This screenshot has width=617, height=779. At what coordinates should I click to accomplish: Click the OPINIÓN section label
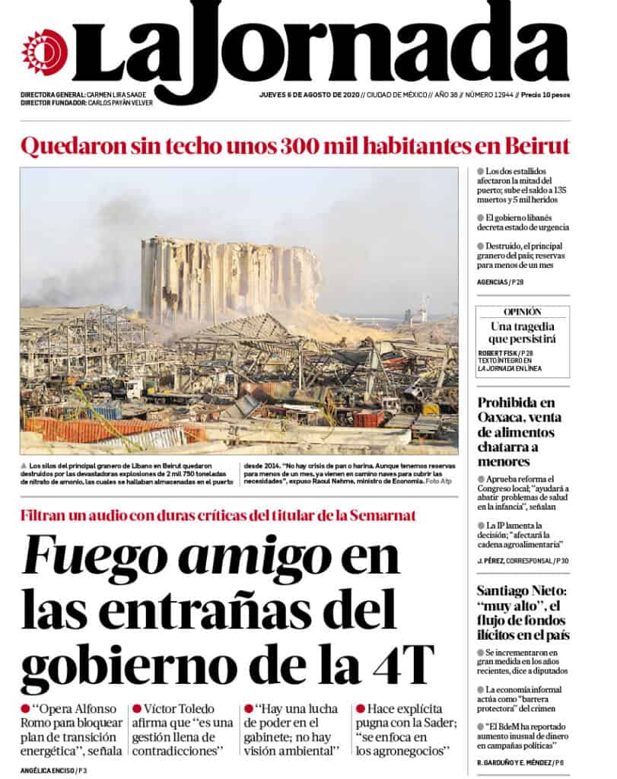(x=522, y=312)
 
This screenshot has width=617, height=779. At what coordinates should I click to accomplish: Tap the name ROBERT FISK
(x=498, y=353)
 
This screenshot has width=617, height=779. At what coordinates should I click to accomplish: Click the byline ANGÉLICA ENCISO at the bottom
(x=46, y=771)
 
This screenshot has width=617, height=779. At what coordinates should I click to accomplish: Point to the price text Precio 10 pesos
(x=546, y=95)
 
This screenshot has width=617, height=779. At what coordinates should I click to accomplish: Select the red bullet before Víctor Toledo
(x=137, y=709)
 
